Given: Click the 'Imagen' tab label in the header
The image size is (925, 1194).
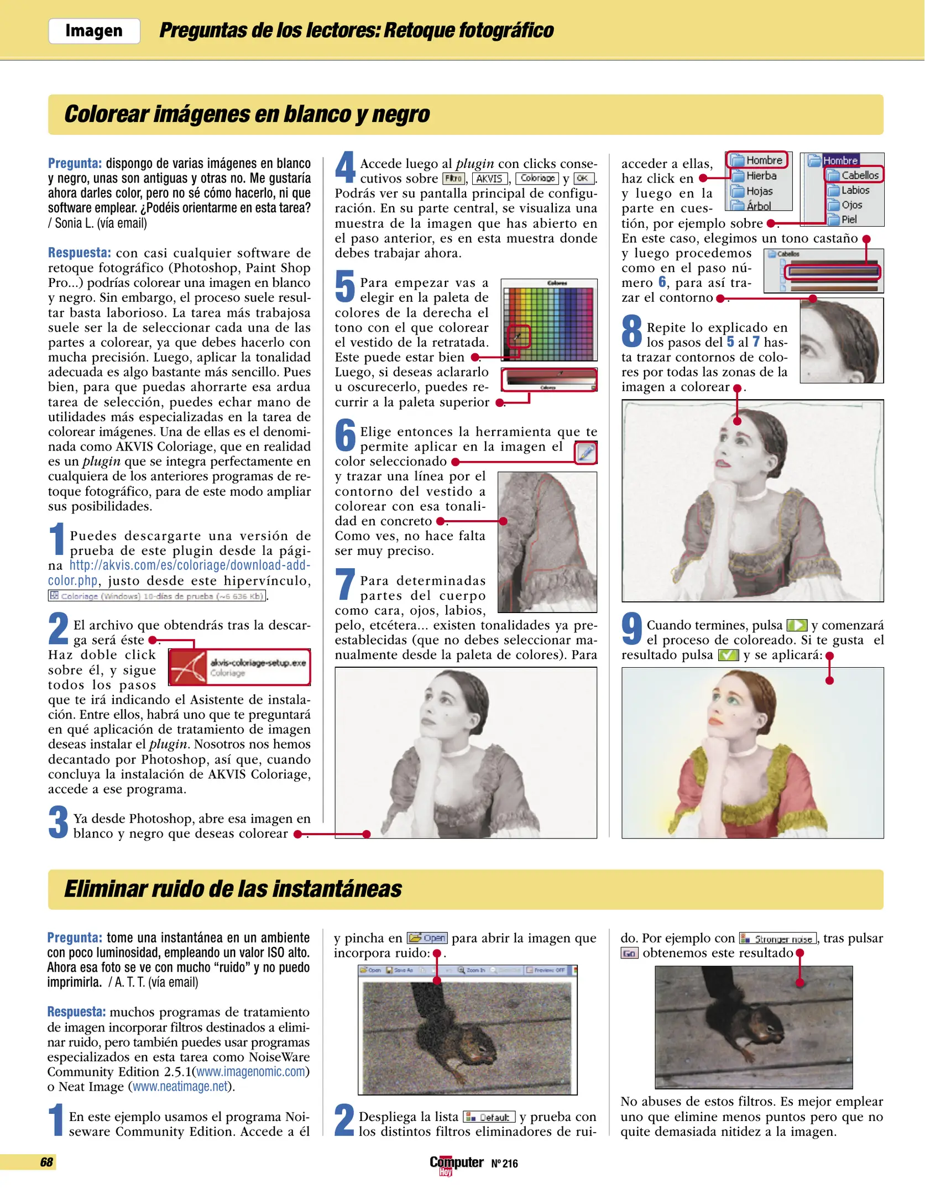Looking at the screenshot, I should pyautogui.click(x=94, y=31).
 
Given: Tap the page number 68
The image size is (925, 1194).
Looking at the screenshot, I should pyautogui.click(x=46, y=1162).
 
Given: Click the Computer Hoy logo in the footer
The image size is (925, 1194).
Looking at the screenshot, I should pyautogui.click(x=456, y=1164).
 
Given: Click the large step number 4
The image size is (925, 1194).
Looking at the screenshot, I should pyautogui.click(x=345, y=167).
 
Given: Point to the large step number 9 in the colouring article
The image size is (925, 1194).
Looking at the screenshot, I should pyautogui.click(x=631, y=629).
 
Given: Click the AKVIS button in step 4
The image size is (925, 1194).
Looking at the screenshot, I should pyautogui.click(x=489, y=179).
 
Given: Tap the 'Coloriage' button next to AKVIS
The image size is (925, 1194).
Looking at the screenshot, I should pyautogui.click(x=537, y=179).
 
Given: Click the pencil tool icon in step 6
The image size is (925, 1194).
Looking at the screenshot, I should pyautogui.click(x=586, y=453).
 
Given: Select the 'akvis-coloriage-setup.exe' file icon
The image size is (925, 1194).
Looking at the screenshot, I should pyautogui.click(x=189, y=667).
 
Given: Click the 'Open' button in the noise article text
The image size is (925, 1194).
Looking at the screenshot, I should pyautogui.click(x=427, y=938).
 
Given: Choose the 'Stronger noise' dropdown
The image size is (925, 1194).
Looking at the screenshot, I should pyautogui.click(x=778, y=939).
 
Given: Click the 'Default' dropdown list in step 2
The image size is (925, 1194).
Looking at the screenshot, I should pyautogui.click(x=489, y=1117).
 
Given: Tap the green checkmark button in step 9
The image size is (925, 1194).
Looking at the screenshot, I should pyautogui.click(x=728, y=656).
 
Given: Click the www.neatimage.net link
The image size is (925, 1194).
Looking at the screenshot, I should pyautogui.click(x=180, y=1086).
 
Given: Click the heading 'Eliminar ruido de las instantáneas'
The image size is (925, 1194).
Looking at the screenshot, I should pyautogui.click(x=233, y=889).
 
